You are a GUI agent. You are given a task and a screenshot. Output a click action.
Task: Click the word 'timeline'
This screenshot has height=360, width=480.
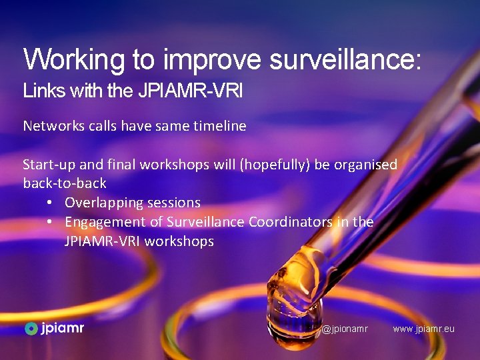(x=219, y=125)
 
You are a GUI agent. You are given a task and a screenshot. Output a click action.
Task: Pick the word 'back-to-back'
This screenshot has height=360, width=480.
(x=65, y=183)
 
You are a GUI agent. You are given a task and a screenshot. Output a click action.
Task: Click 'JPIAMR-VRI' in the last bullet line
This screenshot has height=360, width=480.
(x=102, y=241)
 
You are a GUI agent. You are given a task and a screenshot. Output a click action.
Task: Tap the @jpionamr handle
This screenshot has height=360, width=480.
(x=345, y=329)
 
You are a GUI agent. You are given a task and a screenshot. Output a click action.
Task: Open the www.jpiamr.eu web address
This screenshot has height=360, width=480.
(x=423, y=329)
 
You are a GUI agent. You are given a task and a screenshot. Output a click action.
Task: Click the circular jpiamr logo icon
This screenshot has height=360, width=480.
(x=31, y=328)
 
